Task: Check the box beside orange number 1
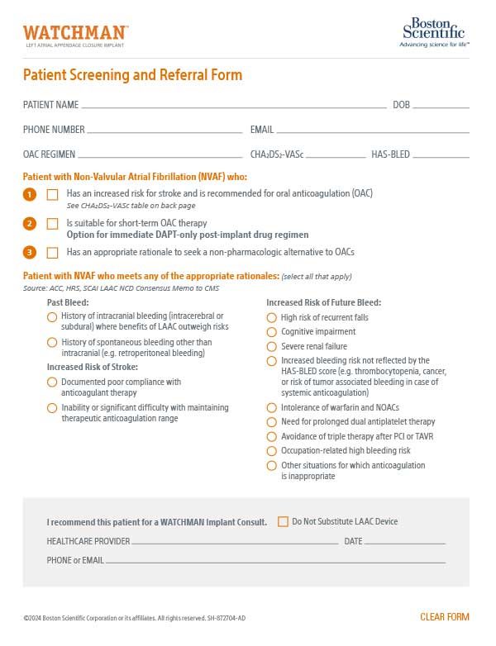[52, 194]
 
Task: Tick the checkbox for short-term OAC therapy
[52, 224]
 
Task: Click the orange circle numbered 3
[30, 253]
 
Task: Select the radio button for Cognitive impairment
[272, 332]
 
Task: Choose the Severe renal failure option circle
[272, 347]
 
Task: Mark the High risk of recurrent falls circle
[272, 317]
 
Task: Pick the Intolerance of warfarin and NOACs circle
[272, 407]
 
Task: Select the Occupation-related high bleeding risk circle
[272, 451]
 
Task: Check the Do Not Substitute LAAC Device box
[284, 521]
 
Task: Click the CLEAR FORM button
[445, 617]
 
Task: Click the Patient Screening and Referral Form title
[132, 75]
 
